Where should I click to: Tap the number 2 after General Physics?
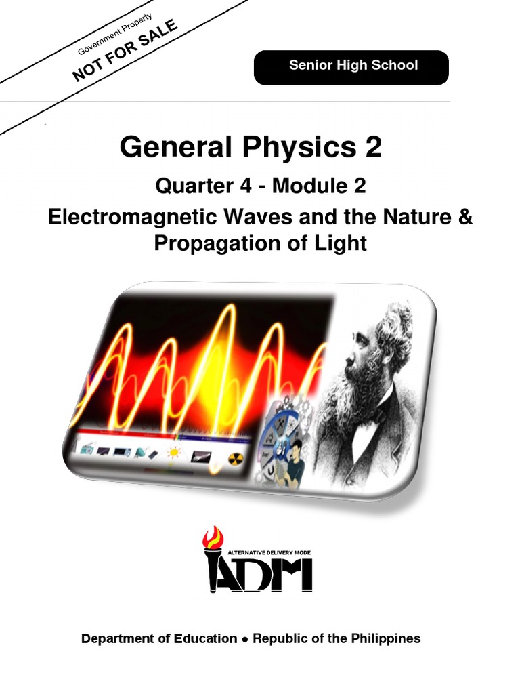(373, 147)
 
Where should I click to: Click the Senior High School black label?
(351, 66)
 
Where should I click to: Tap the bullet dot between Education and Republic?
(245, 639)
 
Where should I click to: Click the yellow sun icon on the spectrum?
(175, 453)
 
